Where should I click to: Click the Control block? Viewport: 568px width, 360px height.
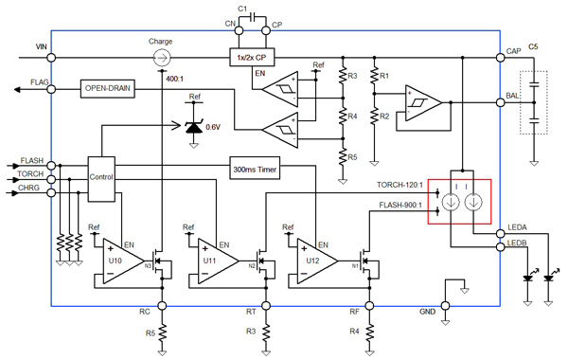[100, 177]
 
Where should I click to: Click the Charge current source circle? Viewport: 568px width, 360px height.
[162, 58]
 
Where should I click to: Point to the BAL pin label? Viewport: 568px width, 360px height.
[512, 97]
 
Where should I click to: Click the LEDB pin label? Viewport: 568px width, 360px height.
[517, 245]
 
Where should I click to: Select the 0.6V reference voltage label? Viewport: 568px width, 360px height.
[214, 126]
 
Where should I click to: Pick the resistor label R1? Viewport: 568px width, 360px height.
[385, 75]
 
